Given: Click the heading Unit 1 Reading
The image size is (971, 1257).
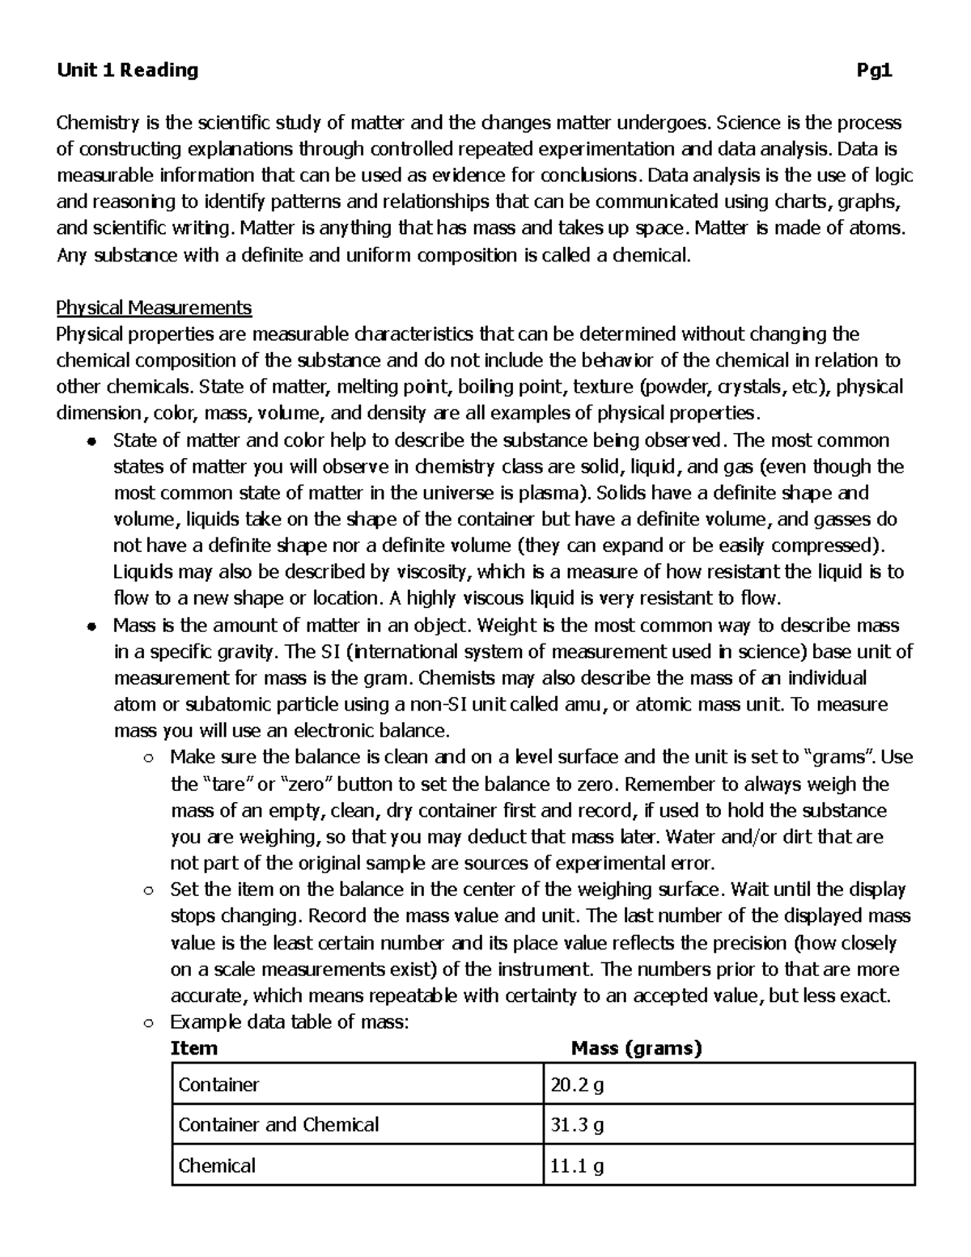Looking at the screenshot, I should (x=127, y=70).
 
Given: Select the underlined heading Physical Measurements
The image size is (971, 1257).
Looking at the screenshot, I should (x=154, y=308).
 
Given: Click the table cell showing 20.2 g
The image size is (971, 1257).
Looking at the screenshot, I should (x=576, y=1085).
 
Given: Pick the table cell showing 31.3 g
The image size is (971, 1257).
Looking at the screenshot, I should (x=576, y=1125).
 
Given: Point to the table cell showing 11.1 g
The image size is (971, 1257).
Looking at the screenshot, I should (x=576, y=1166).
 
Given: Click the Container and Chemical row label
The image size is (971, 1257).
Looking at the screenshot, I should (x=278, y=1125).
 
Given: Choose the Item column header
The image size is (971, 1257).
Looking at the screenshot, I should (x=194, y=1049).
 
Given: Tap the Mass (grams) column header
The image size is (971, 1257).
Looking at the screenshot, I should (x=637, y=1049).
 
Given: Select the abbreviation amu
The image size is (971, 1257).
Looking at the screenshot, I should (x=583, y=704).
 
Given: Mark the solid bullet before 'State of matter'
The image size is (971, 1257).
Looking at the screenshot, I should (x=93, y=442).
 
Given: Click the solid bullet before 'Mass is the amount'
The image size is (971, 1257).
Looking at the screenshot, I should (x=93, y=626).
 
